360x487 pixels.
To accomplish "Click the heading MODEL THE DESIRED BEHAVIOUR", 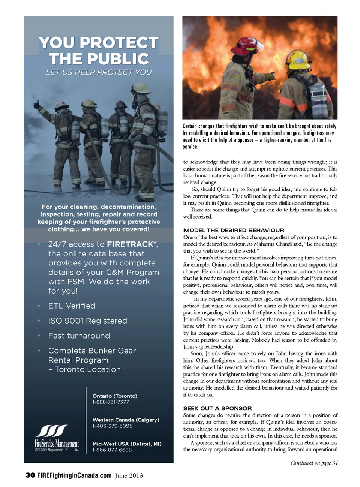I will [234, 230].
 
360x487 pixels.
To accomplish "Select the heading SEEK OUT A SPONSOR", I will [217, 408].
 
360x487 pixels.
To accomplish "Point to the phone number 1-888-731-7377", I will [111, 402].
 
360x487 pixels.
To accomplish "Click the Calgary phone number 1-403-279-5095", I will [112, 426].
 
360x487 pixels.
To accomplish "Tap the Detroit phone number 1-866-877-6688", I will [112, 450].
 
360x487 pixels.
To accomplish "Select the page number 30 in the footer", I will [30, 475].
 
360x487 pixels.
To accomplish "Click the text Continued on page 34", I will [314, 463].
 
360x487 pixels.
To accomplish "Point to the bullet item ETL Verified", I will [72, 306].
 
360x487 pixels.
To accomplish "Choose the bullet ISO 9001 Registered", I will [87, 321].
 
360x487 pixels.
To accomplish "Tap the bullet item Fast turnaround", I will [79, 336].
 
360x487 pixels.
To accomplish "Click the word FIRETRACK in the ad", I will [130, 244].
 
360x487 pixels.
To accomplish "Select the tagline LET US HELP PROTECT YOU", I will [99, 72].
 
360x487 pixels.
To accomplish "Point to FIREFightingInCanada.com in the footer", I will [74, 475].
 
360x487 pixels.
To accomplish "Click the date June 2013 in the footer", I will [129, 475].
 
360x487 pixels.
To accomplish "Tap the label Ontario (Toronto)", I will [115, 396].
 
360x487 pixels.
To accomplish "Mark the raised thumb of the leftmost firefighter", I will [36, 102].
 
